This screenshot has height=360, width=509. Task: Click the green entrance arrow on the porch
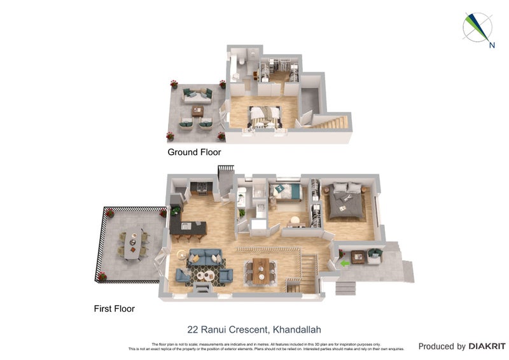coord(344,262)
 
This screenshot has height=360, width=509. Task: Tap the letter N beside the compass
coord(492,45)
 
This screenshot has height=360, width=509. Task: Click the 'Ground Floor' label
coord(194,152)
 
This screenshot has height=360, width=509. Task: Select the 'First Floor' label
coord(114,308)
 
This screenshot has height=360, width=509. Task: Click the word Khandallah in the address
coord(297,329)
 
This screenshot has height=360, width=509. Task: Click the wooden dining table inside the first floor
coord(261,270)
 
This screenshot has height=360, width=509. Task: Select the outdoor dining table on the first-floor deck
coord(132,245)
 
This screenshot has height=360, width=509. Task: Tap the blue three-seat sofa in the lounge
coord(205,257)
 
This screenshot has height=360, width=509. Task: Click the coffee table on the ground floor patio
coord(197,111)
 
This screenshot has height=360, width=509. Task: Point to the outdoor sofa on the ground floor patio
coord(197,95)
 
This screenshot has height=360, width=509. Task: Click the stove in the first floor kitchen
coord(201,188)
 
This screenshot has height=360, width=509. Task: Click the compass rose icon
coord(477,28)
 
